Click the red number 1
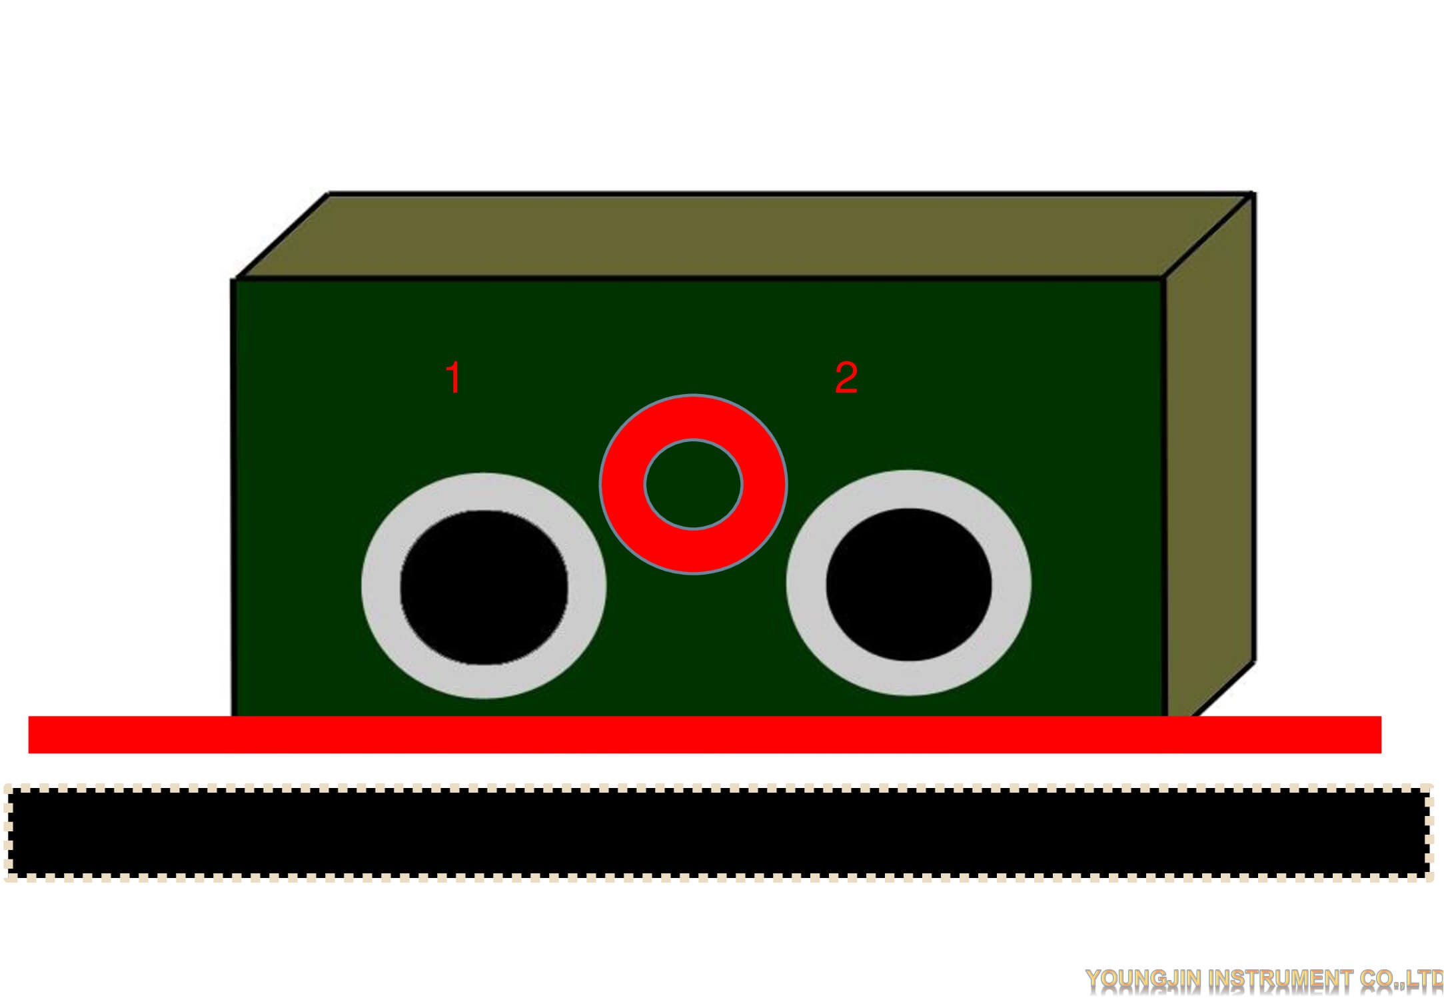tap(454, 377)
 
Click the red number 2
tap(846, 377)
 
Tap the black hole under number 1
tap(484, 587)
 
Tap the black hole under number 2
tap(909, 585)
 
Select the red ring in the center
tap(623, 485)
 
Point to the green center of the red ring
tap(693, 485)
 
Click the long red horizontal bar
tap(705, 735)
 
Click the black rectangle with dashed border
tap(718, 833)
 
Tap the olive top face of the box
tap(745, 235)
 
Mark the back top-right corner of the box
tap(1255, 193)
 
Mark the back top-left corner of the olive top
tap(329, 193)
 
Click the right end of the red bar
tap(1381, 735)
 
